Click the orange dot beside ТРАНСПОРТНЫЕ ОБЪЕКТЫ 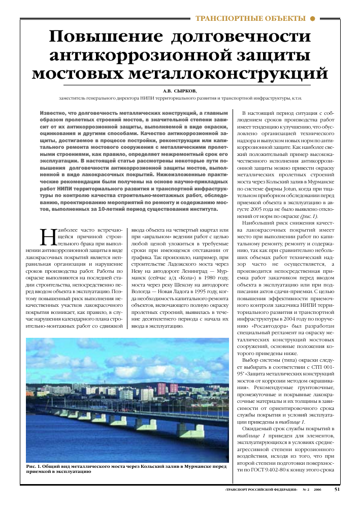[x=313, y=18]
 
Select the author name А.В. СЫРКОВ [x=180, y=91]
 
